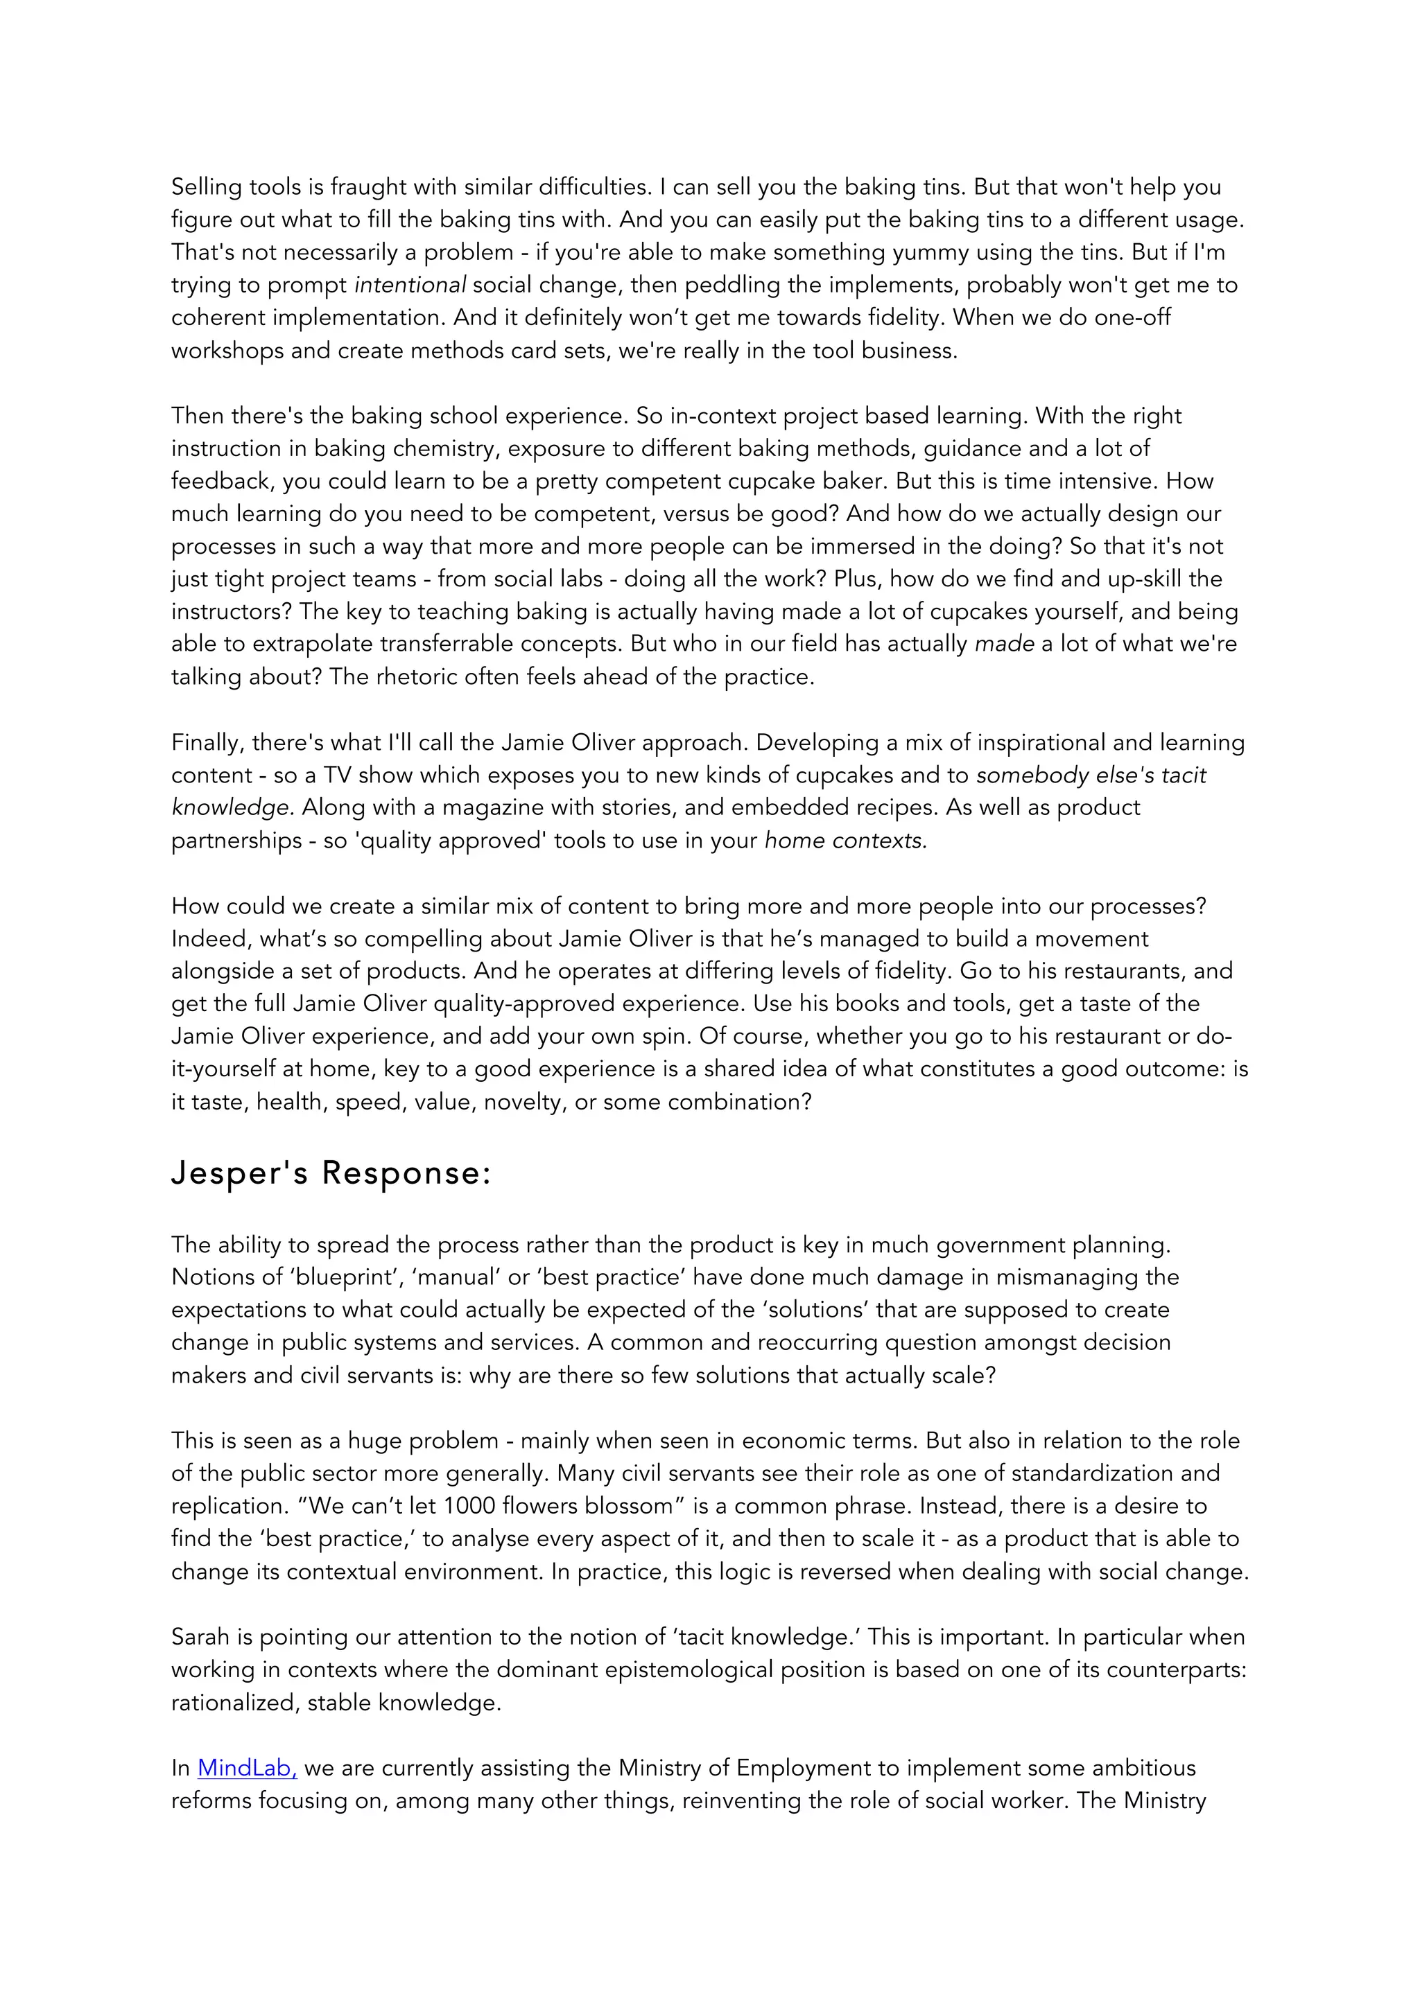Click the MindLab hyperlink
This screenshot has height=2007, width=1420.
click(x=247, y=1769)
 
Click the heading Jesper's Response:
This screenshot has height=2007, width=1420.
click(x=331, y=1173)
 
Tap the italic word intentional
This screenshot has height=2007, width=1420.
click(x=409, y=285)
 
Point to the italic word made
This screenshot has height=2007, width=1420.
click(x=1004, y=645)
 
